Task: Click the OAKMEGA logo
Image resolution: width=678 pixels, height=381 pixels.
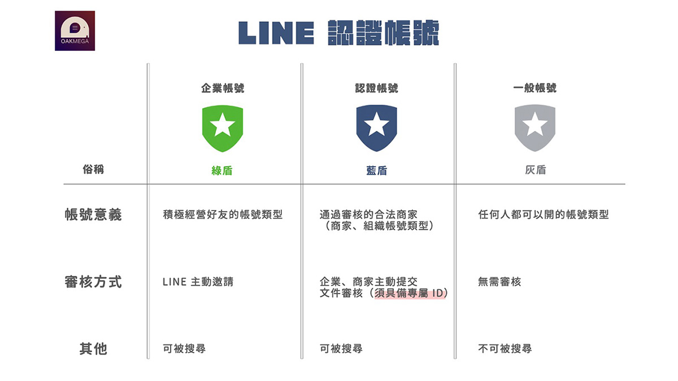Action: coord(75,31)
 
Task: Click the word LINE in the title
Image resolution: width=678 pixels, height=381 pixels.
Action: coord(276,33)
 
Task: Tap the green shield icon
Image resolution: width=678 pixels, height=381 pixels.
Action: coord(223,128)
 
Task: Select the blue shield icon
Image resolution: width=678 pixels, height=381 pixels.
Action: coord(376,128)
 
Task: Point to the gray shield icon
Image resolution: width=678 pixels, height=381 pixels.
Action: coord(535,128)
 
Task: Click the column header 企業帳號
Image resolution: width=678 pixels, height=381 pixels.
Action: coord(223,88)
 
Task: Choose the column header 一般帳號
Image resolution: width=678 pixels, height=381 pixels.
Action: coord(535,88)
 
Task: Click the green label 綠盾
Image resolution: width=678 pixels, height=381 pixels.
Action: coord(222,171)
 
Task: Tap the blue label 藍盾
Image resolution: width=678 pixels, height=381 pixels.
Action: coord(376,171)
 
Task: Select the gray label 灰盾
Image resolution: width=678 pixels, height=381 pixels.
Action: coord(536,170)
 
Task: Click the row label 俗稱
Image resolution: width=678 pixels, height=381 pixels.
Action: coord(93,169)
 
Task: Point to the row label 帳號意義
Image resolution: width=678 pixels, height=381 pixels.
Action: coord(93,214)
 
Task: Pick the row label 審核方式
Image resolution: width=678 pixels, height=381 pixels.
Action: coord(93,282)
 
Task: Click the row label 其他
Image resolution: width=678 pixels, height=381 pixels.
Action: coord(93,349)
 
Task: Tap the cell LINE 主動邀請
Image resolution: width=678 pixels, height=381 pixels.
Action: coord(198,282)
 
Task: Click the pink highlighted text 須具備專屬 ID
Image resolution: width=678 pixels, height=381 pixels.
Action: coord(409,294)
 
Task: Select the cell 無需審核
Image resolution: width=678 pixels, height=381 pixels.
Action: coord(499,282)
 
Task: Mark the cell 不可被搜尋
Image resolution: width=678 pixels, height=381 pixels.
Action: coord(505,349)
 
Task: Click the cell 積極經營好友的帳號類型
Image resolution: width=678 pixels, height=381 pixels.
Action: coord(223,214)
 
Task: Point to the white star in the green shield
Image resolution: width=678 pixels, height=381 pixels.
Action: coord(223,124)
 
